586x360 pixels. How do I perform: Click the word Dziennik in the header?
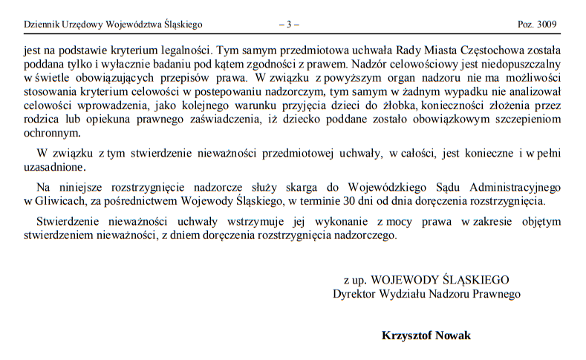point(42,24)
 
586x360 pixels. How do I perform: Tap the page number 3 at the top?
point(289,24)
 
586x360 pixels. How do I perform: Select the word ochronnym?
point(51,133)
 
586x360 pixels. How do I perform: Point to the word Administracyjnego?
point(508,187)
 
